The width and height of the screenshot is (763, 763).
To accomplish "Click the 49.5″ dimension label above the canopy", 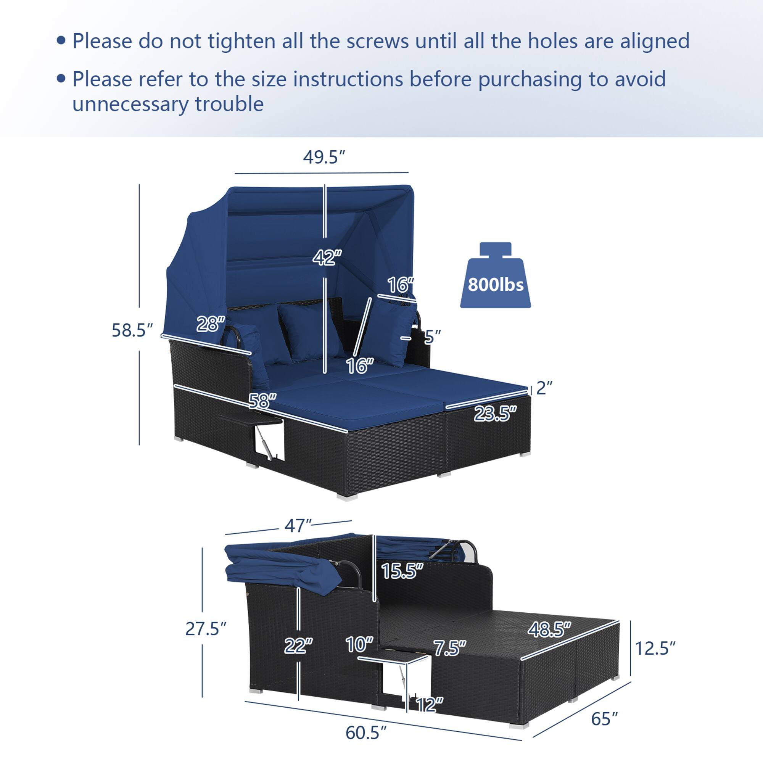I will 324,158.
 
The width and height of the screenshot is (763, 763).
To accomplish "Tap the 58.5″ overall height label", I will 132,330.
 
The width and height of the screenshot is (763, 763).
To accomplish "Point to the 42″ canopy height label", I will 327,258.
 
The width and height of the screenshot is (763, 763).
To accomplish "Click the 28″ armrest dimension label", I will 211,324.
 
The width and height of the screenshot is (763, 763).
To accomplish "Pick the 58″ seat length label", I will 262,401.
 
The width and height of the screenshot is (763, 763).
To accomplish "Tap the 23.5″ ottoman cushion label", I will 495,414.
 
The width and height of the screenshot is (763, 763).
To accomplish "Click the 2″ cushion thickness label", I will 544,388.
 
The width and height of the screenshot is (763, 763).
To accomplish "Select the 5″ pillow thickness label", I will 432,337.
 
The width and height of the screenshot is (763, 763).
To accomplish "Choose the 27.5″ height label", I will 206,629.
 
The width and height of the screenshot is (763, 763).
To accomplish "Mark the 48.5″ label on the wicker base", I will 549,629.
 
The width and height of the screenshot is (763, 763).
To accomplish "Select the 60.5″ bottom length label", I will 366,733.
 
